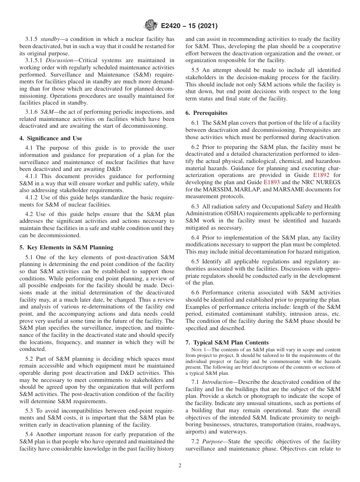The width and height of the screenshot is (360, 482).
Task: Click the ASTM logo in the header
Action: click(150, 26)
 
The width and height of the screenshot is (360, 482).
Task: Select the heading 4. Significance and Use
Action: click(51, 138)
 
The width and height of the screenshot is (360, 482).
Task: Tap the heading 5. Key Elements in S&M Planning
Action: click(66, 247)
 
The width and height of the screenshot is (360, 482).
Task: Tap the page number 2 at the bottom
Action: click(180, 466)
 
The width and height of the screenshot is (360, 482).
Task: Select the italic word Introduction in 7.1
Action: click(214, 382)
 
